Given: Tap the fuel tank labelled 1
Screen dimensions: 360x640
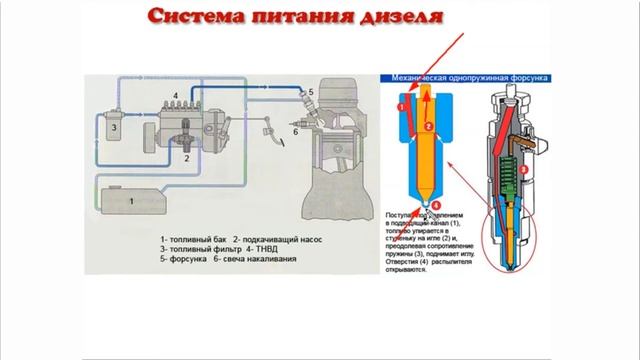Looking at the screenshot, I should pyautogui.click(x=130, y=199).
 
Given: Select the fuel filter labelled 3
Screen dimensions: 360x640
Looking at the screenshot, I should pyautogui.click(x=116, y=128).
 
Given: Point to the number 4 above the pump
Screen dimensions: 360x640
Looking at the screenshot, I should pyautogui.click(x=176, y=94).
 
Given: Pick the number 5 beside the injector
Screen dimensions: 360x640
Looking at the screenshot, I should pyautogui.click(x=311, y=93).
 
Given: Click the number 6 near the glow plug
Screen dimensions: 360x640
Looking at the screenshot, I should pyautogui.click(x=296, y=130).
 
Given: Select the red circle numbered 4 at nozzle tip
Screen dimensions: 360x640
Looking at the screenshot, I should pyautogui.click(x=435, y=205).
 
